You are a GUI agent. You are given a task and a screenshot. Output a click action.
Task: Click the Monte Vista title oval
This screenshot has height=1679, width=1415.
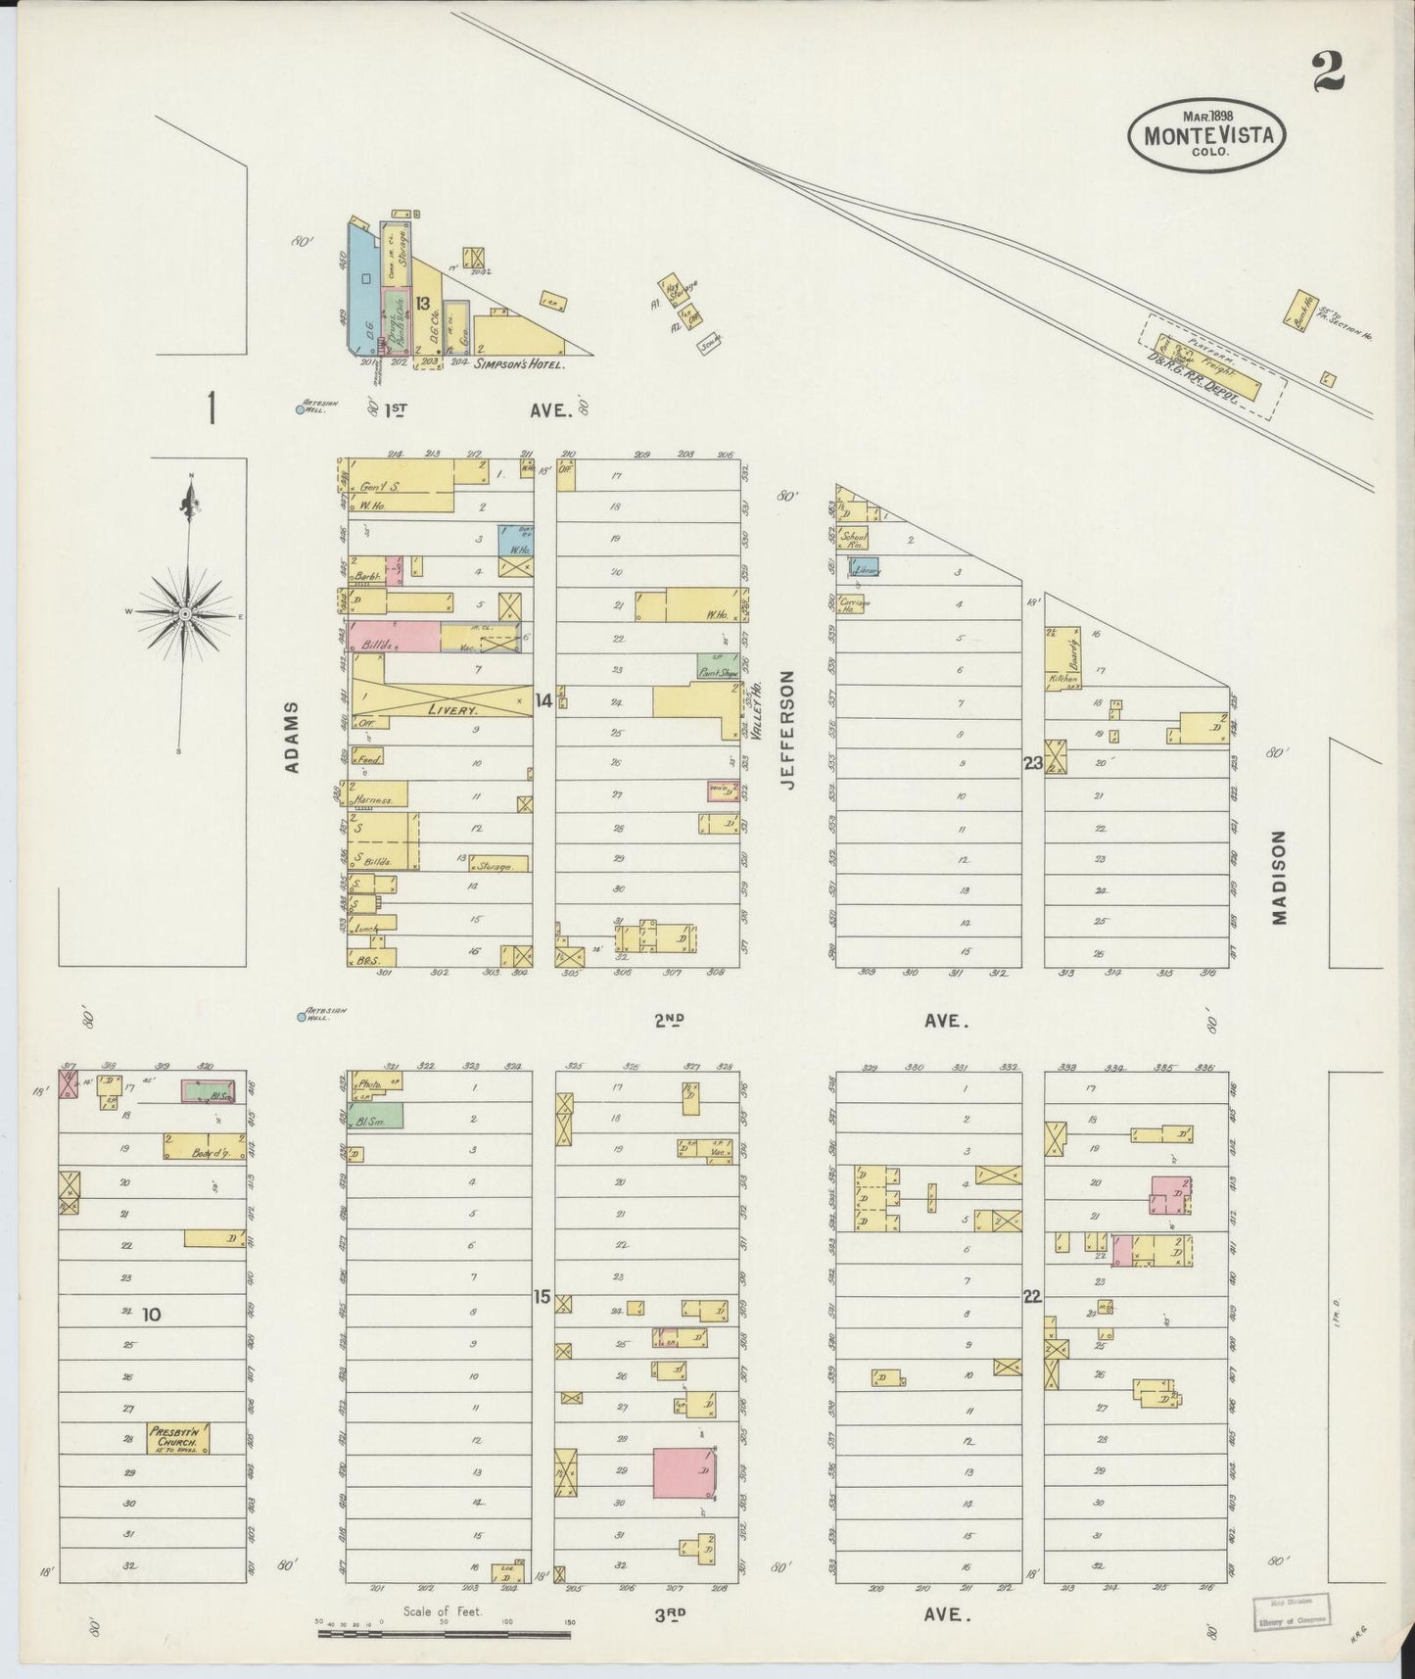pyautogui.click(x=1206, y=134)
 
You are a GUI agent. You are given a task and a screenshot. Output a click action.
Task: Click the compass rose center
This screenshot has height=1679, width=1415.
pyautogui.click(x=183, y=613)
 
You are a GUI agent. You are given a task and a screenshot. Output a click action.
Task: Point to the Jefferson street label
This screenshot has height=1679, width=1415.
pyautogui.click(x=789, y=729)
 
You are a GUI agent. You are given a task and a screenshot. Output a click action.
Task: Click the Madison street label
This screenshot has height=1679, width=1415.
pyautogui.click(x=1278, y=877)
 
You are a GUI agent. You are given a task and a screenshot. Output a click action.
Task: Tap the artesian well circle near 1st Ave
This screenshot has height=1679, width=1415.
pyautogui.click(x=301, y=409)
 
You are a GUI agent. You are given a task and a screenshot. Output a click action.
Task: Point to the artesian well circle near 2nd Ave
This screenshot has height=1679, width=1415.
pyautogui.click(x=301, y=1017)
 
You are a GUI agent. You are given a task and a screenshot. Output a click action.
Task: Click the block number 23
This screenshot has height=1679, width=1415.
pyautogui.click(x=1032, y=762)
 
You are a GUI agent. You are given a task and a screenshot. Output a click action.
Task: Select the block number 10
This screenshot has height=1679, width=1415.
pyautogui.click(x=151, y=1314)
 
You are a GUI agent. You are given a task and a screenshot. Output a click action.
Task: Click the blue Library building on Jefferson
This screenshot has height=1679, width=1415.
pyautogui.click(x=865, y=567)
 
